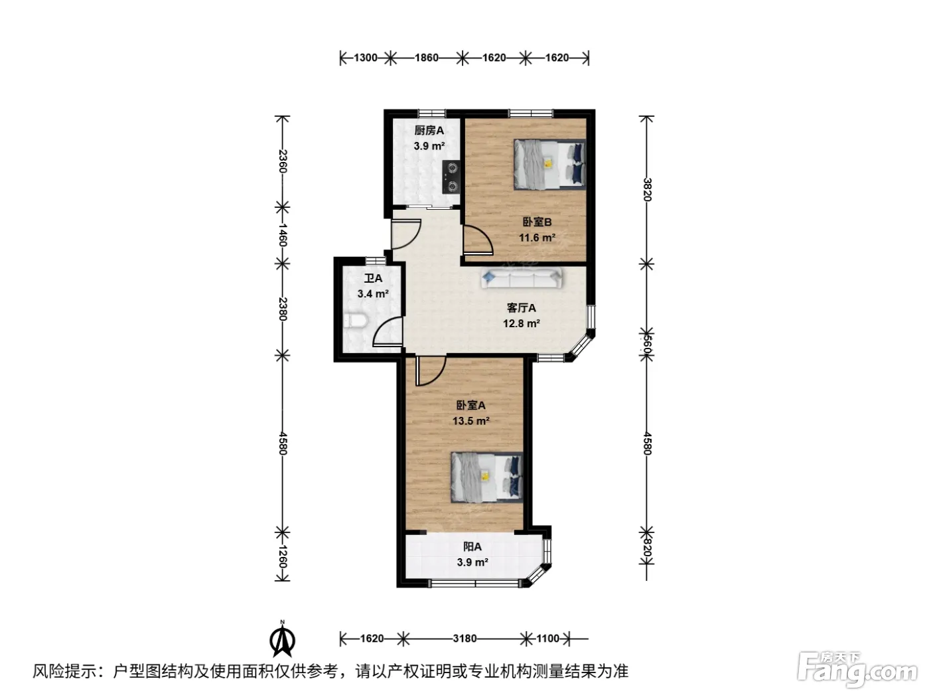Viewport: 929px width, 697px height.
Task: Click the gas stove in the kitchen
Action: coord(451,177)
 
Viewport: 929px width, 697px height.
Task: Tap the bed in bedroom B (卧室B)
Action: coord(550,164)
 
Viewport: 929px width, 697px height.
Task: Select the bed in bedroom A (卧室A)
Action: coord(486,477)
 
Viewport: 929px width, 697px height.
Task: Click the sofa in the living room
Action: coord(522,278)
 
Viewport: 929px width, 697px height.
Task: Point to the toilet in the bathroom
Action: coord(354,321)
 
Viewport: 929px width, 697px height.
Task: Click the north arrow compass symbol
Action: coord(282,639)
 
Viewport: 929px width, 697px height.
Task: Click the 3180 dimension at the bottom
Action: coord(464,638)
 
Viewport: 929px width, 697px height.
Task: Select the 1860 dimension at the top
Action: coord(427,58)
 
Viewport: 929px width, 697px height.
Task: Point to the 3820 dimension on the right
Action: coord(647,190)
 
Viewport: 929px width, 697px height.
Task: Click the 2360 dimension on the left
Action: coord(283,161)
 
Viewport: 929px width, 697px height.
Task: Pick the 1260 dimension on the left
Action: coord(283,556)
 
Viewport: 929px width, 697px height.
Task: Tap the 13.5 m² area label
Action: coord(471,421)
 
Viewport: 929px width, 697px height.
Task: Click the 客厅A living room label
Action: coord(522,307)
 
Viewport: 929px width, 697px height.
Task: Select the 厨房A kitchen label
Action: coord(429,130)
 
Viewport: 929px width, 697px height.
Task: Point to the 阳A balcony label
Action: coord(472,547)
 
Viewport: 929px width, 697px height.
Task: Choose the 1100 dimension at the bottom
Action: coord(548,638)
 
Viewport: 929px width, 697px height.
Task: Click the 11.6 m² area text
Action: coord(537,238)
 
